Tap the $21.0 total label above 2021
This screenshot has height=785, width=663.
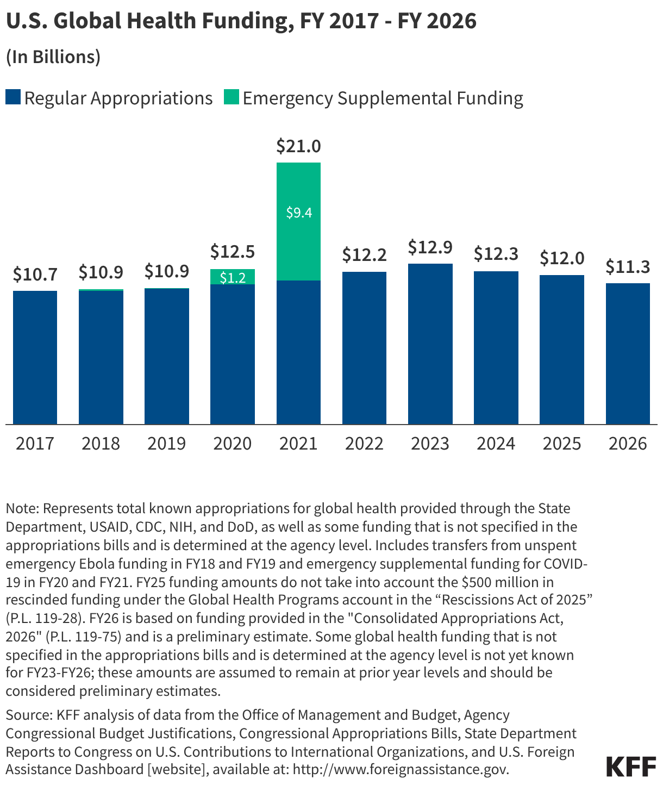[298, 146]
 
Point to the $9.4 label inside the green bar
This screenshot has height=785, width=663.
[299, 213]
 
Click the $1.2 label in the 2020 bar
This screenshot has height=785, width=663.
[233, 278]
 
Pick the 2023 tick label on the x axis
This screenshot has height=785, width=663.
[430, 444]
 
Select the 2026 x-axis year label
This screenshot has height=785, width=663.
[628, 444]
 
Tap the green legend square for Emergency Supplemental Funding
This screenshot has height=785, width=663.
[231, 98]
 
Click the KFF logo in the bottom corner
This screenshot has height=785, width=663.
[631, 766]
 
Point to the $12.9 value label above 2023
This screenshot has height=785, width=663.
[430, 247]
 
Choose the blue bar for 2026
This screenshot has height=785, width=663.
[628, 353]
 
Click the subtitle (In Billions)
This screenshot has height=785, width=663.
[53, 57]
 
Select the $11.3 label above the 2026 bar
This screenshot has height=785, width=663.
[628, 267]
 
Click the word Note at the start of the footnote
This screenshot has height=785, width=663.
[21, 509]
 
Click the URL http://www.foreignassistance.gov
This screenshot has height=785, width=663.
[401, 770]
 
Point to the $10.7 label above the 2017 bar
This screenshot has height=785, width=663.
[35, 275]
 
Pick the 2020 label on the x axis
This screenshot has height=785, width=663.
[233, 444]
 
